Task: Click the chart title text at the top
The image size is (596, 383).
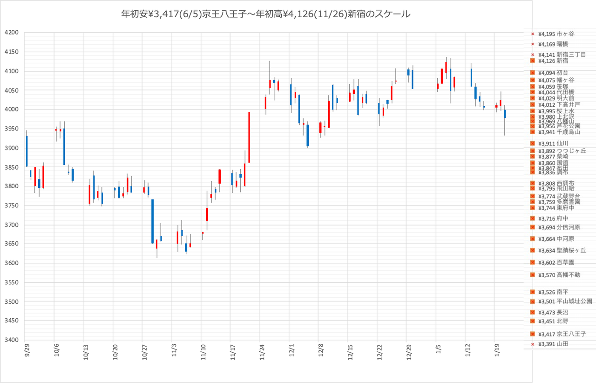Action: point(265,14)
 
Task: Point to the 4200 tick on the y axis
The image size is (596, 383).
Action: point(11,33)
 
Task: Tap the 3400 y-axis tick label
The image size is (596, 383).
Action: point(11,340)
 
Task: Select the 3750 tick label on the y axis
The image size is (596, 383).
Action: point(11,205)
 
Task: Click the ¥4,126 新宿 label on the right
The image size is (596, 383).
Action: point(553,61)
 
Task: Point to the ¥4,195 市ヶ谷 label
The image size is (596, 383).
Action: point(556,34)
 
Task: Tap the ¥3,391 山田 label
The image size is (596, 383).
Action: point(553,344)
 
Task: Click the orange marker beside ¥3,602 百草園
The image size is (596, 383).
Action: point(533,262)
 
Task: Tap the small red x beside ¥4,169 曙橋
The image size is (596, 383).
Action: point(533,44)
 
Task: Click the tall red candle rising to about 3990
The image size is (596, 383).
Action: point(249,137)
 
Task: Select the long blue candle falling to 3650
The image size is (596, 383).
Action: point(152,221)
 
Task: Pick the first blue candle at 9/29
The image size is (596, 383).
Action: point(27,151)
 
